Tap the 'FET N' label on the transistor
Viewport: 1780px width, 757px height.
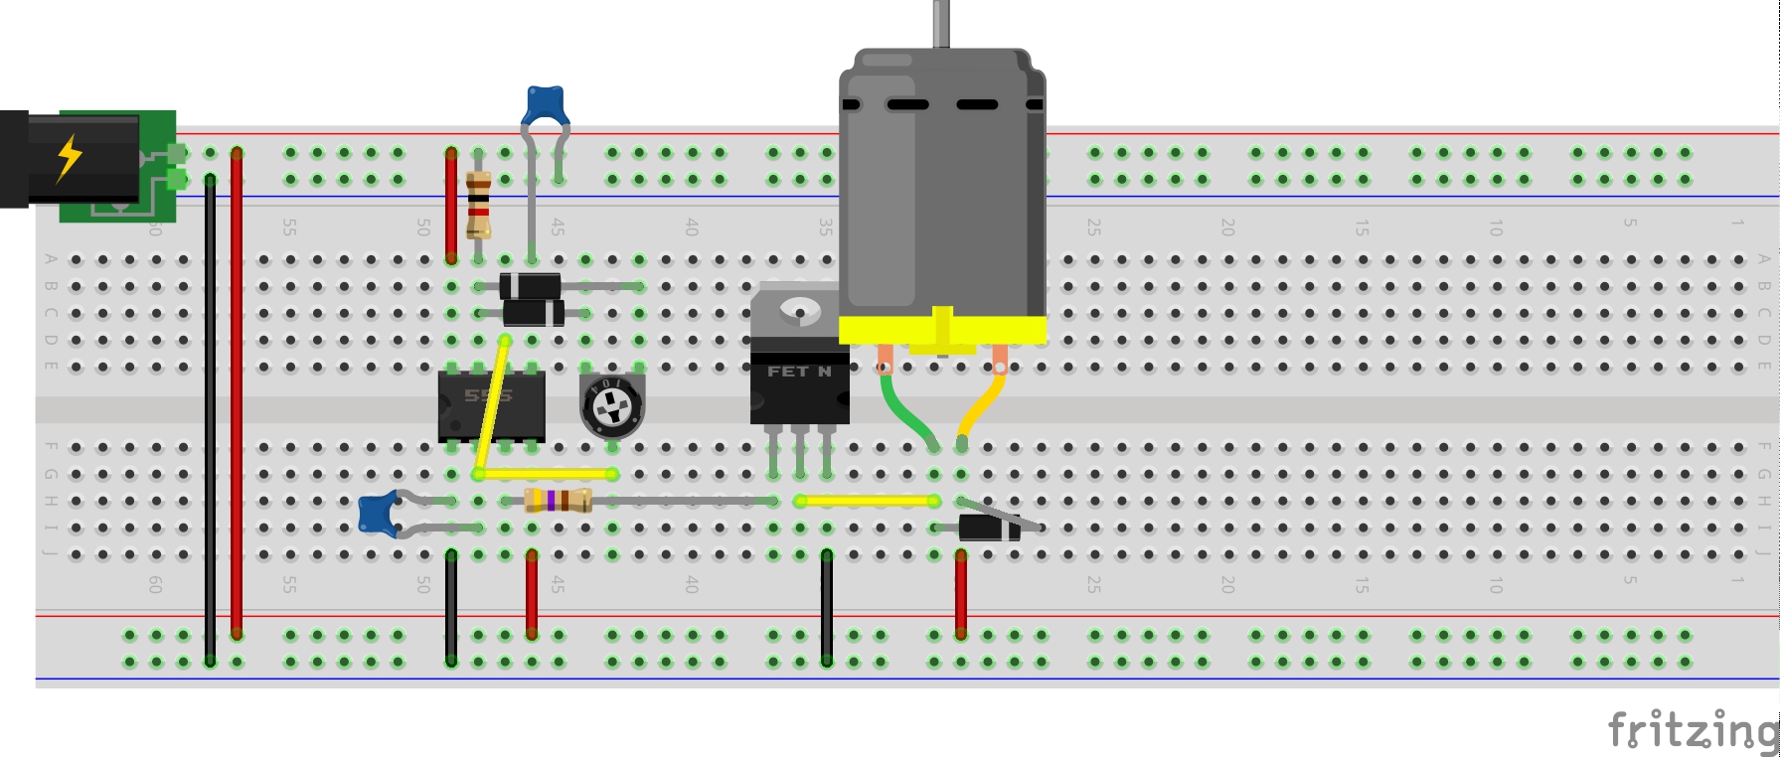(799, 372)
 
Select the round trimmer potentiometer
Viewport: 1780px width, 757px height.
(611, 406)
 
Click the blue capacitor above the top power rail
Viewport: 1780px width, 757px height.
(545, 104)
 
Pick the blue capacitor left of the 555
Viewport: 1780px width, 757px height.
(377, 514)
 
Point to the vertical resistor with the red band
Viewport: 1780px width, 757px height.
(478, 205)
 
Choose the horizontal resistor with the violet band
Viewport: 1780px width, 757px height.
(558, 501)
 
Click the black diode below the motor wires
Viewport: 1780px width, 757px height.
(989, 528)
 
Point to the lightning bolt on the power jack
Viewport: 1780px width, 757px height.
(69, 158)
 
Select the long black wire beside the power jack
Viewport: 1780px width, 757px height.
(210, 417)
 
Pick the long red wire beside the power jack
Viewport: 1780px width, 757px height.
(237, 397)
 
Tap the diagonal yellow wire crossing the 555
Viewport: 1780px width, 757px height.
(492, 407)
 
